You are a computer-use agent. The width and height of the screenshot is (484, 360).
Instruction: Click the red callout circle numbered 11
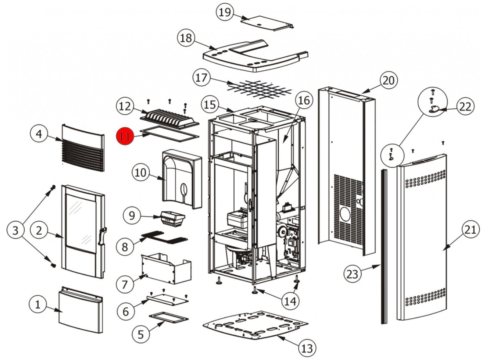click(x=124, y=135)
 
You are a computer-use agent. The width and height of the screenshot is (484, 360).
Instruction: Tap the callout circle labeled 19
click(x=225, y=12)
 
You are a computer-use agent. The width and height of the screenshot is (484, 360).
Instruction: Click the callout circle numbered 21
click(x=470, y=230)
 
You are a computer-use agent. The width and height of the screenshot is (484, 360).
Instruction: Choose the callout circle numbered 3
click(x=16, y=230)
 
